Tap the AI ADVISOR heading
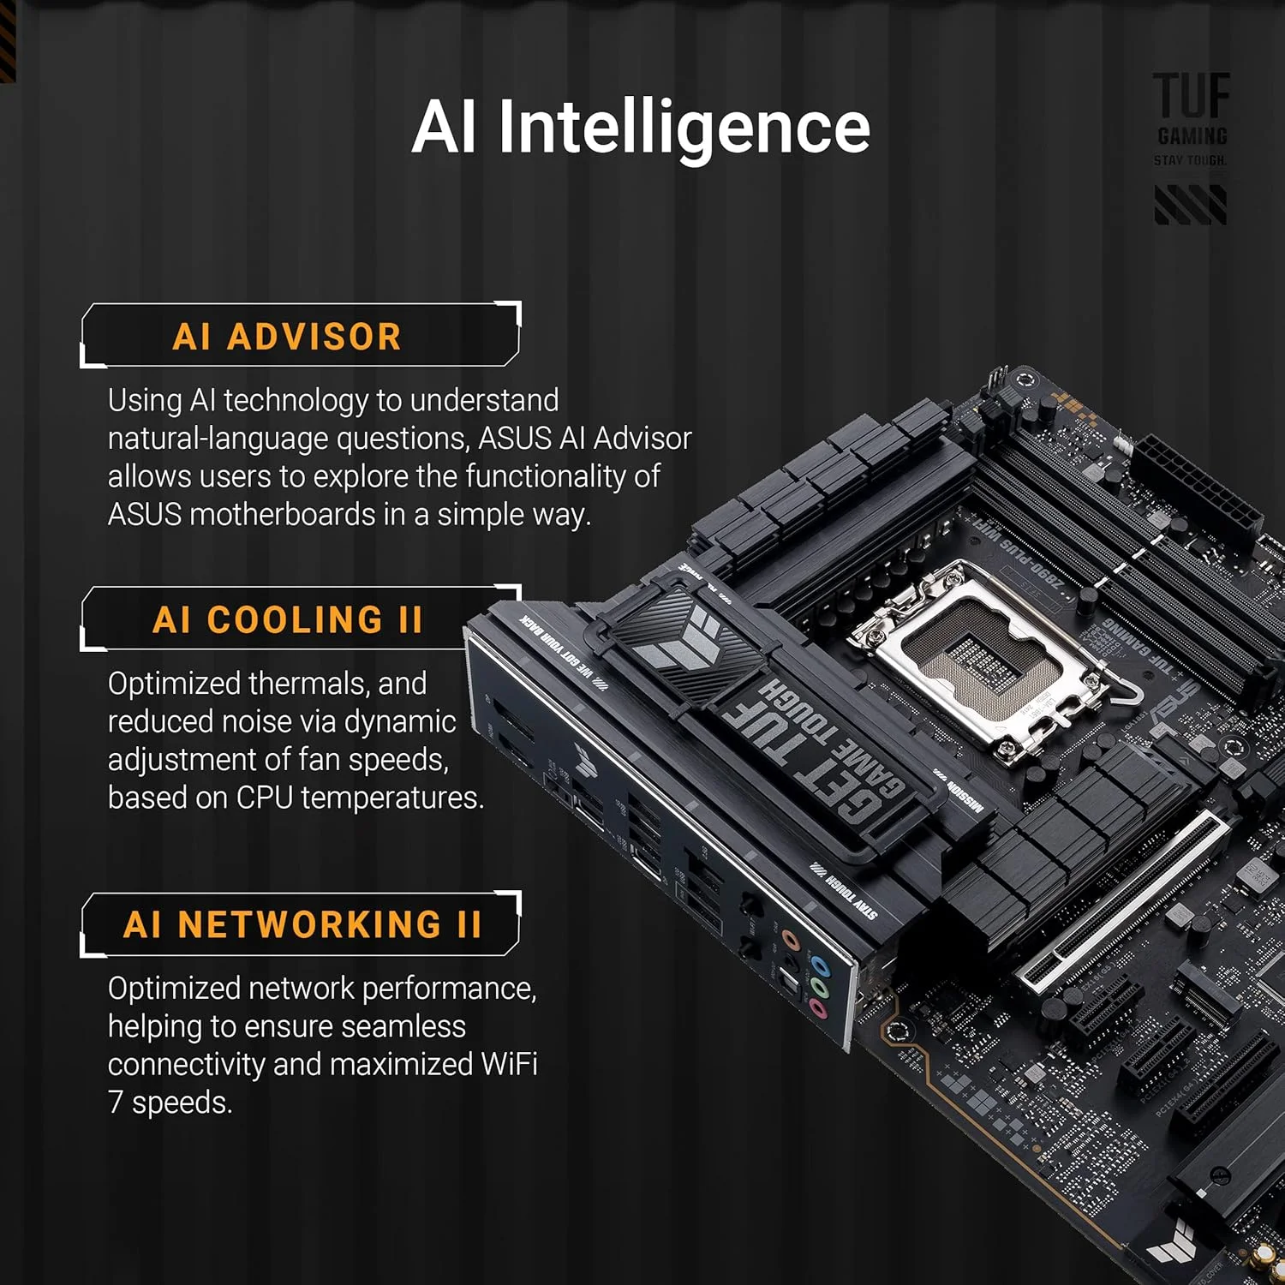287,337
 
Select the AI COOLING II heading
287,619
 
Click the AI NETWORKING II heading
302,924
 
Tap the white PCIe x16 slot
1122,899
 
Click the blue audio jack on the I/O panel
821,967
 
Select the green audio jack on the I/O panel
820,988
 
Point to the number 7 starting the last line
116,1103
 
